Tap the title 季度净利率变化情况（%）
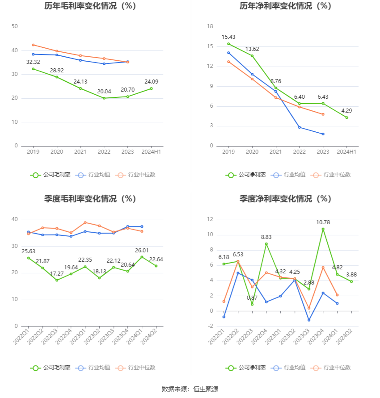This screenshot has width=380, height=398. coord(285,199)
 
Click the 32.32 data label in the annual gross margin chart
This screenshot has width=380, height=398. coord(33,62)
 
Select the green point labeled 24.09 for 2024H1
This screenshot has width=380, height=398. coord(151,88)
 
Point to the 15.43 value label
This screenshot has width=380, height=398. coord(228,37)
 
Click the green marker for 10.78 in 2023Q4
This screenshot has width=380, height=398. coord(323,229)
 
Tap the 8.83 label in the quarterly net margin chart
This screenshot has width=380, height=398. coord(266,237)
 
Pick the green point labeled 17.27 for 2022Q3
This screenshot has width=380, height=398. coord(57,280)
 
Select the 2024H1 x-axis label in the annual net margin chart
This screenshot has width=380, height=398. coord(346,152)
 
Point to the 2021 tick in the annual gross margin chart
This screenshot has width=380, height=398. coord(80,152)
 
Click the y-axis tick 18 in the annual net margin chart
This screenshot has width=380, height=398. coord(210,26)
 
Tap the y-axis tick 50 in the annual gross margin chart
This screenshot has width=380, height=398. coord(15,26)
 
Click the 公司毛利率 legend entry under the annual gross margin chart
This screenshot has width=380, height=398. coord(51,175)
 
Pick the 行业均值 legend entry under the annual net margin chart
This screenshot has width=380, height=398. coord(290,175)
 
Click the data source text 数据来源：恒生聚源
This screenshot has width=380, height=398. coord(190,389)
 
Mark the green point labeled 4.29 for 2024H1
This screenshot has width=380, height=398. coord(346,117)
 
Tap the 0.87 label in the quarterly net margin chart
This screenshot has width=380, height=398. coord(252,298)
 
